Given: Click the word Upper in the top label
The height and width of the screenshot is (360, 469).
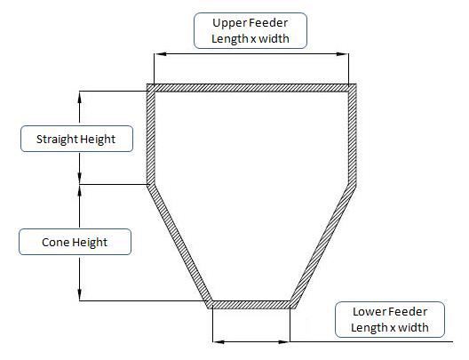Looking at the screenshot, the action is (x=229, y=24).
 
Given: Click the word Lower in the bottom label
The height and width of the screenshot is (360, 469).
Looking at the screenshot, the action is (x=370, y=312).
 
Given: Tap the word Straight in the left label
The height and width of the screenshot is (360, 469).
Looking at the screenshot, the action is (x=57, y=140).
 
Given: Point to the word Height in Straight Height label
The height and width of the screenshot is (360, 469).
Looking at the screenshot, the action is (x=98, y=140).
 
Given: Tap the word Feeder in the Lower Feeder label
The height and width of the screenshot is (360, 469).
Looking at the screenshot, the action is (x=408, y=312).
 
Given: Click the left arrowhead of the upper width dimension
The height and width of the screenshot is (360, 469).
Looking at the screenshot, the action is (x=161, y=54).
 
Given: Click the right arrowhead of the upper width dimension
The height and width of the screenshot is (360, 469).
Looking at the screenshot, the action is (x=342, y=54).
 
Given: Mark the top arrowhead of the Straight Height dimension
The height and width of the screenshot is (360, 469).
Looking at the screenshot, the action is (x=80, y=97).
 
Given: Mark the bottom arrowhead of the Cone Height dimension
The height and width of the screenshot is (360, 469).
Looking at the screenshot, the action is (x=80, y=294).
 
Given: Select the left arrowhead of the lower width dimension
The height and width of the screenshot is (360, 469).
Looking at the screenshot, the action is (x=219, y=341).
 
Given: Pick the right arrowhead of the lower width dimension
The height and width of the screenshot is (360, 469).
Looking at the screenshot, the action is (x=284, y=341).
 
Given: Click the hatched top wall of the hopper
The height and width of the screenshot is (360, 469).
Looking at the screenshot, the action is (x=251, y=88).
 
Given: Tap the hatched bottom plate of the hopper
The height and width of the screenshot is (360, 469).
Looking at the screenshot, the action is (x=251, y=305).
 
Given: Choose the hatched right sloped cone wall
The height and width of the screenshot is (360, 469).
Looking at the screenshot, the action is (x=322, y=246).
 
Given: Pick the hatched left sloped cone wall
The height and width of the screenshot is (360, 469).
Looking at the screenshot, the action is (x=179, y=246).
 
